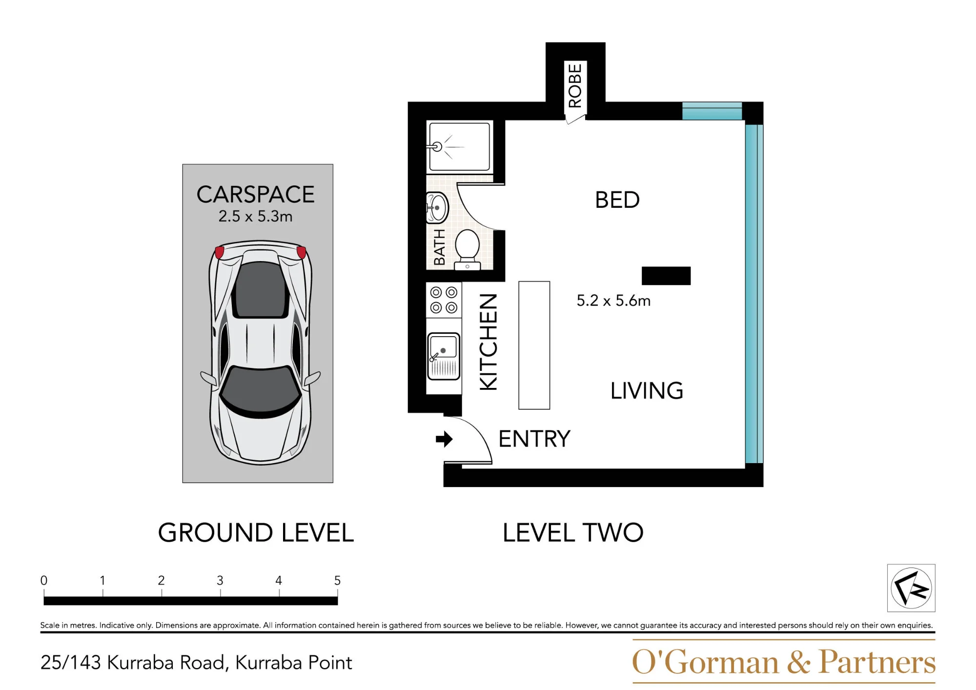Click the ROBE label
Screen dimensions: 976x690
[x=575, y=85]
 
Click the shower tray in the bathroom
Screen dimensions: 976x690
[x=459, y=146]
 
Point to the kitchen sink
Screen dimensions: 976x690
[x=444, y=356]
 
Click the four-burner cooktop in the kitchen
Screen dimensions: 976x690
[x=444, y=300]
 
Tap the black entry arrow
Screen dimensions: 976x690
[x=444, y=439]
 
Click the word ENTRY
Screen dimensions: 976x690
[x=534, y=439]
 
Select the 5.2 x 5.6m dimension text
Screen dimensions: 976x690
[x=613, y=301]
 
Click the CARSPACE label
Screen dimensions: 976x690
[x=255, y=195]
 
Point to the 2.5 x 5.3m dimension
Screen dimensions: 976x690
[x=255, y=216]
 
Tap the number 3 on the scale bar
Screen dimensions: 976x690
[x=220, y=580]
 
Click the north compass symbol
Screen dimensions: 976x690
[x=911, y=588]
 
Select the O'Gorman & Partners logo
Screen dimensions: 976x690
[x=784, y=662]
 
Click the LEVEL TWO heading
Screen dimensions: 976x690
[x=573, y=532]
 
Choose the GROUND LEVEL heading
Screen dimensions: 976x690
[x=256, y=532]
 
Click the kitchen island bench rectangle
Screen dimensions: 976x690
[x=534, y=345]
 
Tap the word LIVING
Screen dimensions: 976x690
[x=647, y=391]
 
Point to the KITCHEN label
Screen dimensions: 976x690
[x=488, y=342]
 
